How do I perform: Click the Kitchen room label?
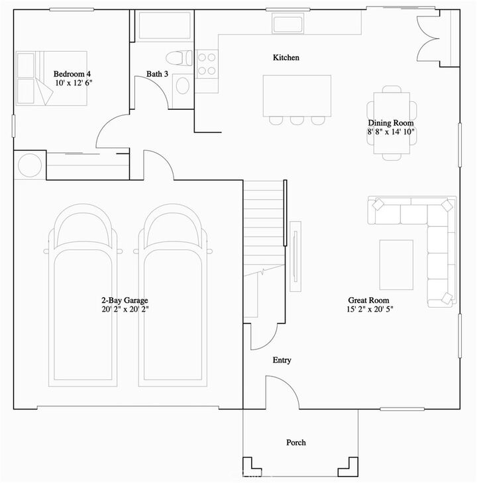pyautogui.click(x=286, y=58)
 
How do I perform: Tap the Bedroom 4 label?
pyautogui.click(x=72, y=74)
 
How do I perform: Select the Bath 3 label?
pyautogui.click(x=158, y=73)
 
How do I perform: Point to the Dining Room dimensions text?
pyautogui.click(x=391, y=132)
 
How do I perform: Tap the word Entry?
pyautogui.click(x=282, y=360)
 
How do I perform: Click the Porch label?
pyautogui.click(x=296, y=442)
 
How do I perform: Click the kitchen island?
pyautogui.click(x=297, y=95)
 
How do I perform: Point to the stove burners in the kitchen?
pyautogui.click(x=207, y=64)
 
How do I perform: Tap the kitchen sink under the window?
pyautogui.click(x=288, y=23)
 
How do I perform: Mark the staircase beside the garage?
pyautogui.click(x=264, y=225)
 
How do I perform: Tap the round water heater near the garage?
pyautogui.click(x=30, y=165)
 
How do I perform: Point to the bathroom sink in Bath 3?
pyautogui.click(x=182, y=86)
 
